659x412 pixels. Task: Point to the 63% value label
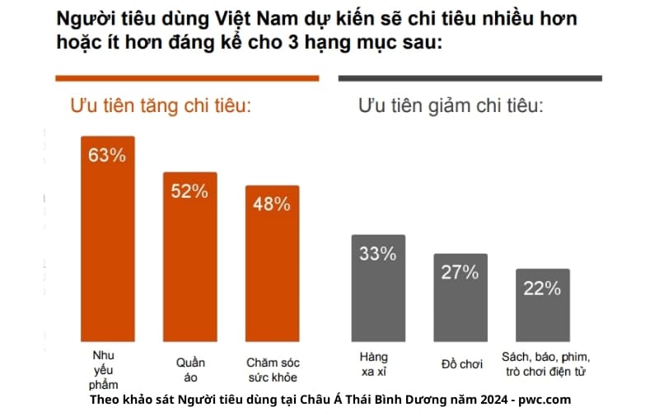(x=107, y=155)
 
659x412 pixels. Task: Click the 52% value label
(x=189, y=191)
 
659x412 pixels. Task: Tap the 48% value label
(x=272, y=204)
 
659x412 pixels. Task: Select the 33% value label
(x=378, y=254)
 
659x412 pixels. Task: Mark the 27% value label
(x=460, y=273)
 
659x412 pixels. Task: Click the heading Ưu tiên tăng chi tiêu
(x=161, y=106)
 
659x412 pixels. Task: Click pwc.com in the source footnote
(x=544, y=400)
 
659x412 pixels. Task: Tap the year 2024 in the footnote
(x=484, y=400)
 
